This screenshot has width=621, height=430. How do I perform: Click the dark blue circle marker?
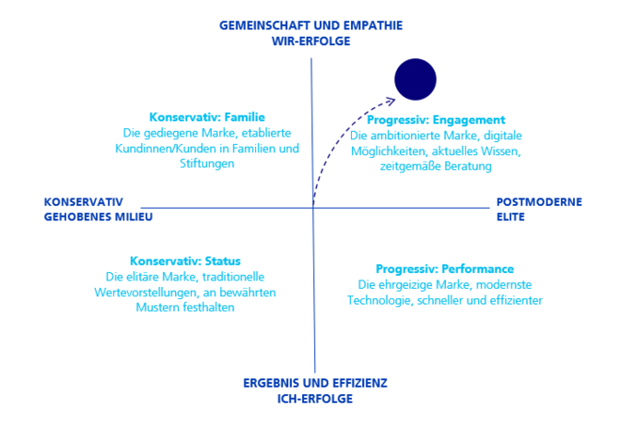pyautogui.click(x=416, y=80)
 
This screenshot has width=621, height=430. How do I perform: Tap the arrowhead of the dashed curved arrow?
pyautogui.click(x=391, y=101)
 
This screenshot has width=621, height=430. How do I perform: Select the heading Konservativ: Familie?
pyautogui.click(x=207, y=118)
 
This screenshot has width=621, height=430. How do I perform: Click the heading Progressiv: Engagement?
pyautogui.click(x=436, y=120)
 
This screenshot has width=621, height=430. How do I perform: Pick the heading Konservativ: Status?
pyautogui.click(x=185, y=262)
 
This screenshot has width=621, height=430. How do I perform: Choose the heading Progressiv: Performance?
pyautogui.click(x=445, y=269)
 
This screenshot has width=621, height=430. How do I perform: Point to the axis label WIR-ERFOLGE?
pyautogui.click(x=310, y=41)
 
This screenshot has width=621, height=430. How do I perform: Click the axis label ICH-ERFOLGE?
pyautogui.click(x=315, y=399)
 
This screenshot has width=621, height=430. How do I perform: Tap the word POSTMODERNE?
pyautogui.click(x=539, y=202)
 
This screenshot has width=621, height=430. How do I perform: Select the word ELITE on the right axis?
pyautogui.click(x=511, y=217)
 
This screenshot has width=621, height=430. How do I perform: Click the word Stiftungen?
pyautogui.click(x=207, y=164)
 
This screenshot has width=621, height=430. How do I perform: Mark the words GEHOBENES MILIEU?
pyautogui.click(x=98, y=217)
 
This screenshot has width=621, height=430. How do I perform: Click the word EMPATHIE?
pyautogui.click(x=374, y=25)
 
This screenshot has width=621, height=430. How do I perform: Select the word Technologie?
pyautogui.click(x=380, y=300)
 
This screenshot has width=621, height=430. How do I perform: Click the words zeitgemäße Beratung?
pyautogui.click(x=436, y=167)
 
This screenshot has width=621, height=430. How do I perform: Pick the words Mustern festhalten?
pyautogui.click(x=185, y=308)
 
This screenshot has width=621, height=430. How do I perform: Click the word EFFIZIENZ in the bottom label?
pyautogui.click(x=359, y=383)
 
